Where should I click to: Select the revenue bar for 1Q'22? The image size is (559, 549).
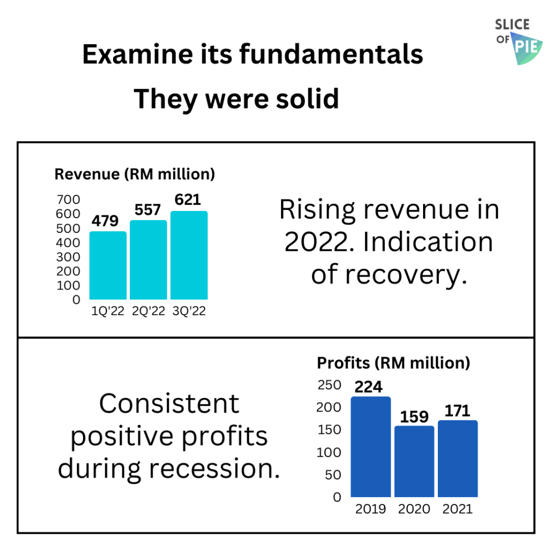tap(108, 266)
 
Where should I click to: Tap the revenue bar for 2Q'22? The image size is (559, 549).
tap(148, 260)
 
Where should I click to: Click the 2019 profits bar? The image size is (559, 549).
tap(371, 447)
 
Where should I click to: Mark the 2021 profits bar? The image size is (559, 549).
tap(457, 458)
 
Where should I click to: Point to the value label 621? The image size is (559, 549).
tap(188, 200)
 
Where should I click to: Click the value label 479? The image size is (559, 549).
tap(105, 221)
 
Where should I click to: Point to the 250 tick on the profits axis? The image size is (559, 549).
tap(329, 385)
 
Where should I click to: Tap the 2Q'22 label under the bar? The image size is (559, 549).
tap(148, 312)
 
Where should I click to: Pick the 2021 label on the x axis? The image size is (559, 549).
tap(457, 509)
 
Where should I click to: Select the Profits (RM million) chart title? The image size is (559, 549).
tap(394, 363)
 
